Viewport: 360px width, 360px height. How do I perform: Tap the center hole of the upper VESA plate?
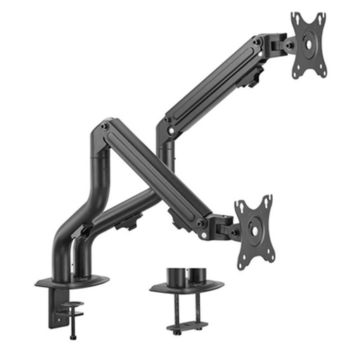[x=309, y=44]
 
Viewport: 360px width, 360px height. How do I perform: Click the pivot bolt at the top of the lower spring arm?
[x=105, y=127]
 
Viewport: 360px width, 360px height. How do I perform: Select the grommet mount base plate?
[x=186, y=285]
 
